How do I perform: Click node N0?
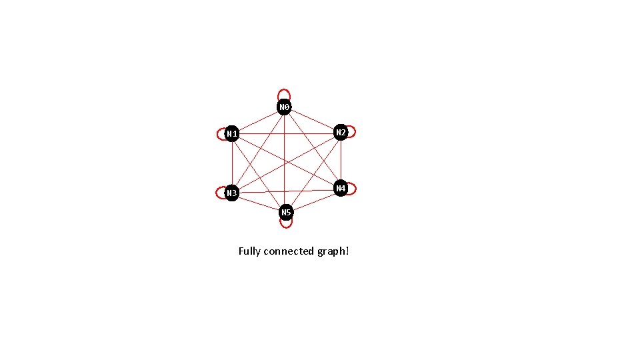click(285, 107)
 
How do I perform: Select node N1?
click(232, 134)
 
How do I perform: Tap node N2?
click(341, 132)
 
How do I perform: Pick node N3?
click(232, 193)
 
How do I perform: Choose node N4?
click(341, 189)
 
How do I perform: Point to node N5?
click(286, 212)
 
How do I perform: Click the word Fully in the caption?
click(249, 251)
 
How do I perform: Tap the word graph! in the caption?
click(333, 251)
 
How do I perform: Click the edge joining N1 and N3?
click(232, 163)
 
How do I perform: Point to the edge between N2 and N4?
click(341, 160)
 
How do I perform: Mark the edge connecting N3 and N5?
click(259, 203)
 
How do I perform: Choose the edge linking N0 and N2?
click(313, 120)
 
